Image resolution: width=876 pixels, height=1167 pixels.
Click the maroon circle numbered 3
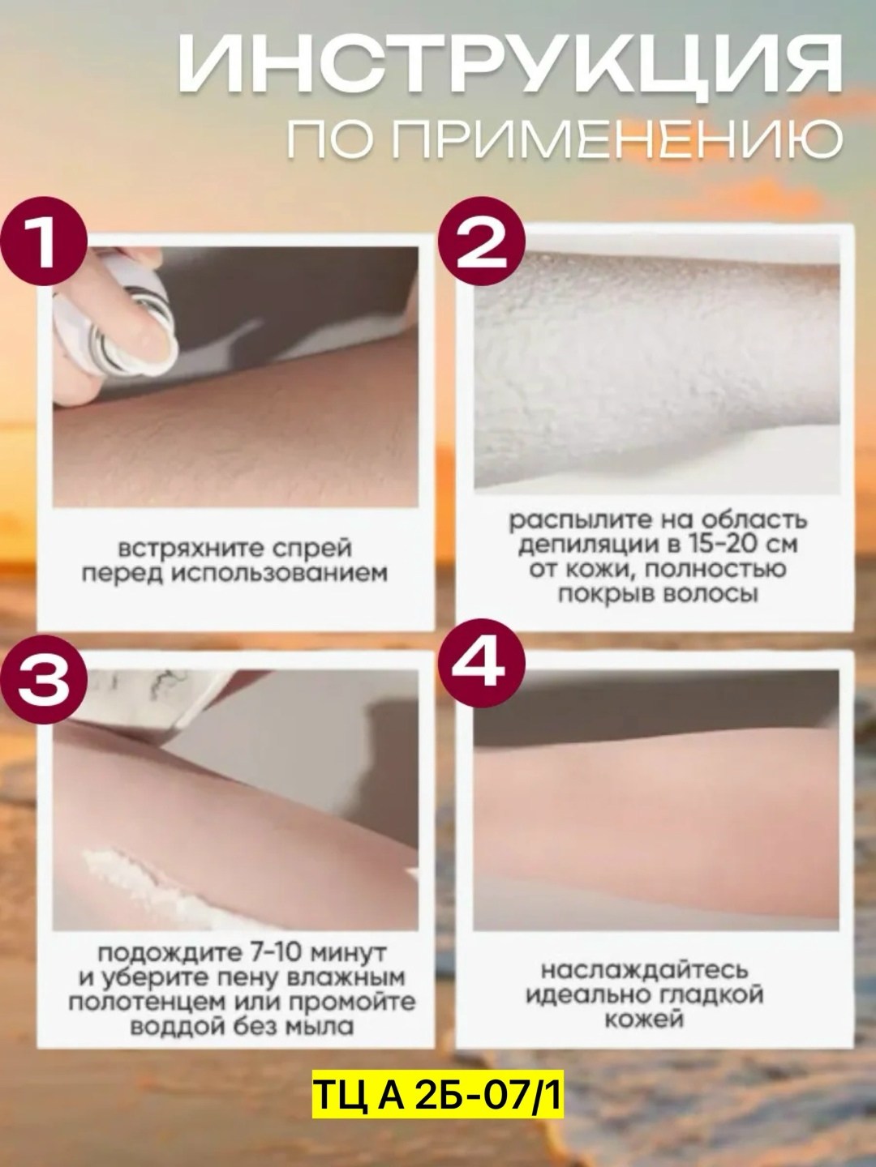point(44,682)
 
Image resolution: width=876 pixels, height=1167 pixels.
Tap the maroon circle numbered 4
point(481,662)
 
